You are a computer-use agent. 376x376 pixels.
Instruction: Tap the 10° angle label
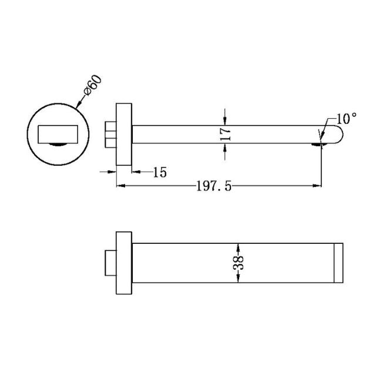(x=347, y=119)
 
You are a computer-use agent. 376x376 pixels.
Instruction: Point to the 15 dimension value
(x=159, y=172)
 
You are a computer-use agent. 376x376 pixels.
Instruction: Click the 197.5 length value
(x=214, y=186)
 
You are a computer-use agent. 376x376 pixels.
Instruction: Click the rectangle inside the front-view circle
(x=59, y=134)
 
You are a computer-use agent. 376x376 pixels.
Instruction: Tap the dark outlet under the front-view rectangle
(x=59, y=143)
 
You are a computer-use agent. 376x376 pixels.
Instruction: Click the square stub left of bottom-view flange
(x=110, y=263)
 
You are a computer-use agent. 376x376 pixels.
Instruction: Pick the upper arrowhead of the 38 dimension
(x=237, y=245)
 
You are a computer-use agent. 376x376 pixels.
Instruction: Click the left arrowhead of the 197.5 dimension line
(x=120, y=186)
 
